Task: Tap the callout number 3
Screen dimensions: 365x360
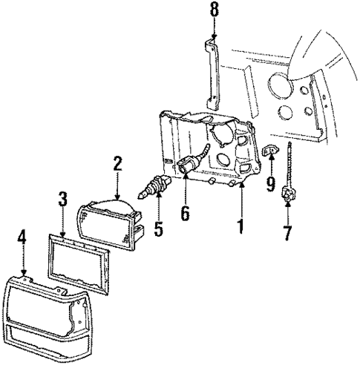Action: click(x=64, y=200)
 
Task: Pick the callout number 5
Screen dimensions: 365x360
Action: click(x=157, y=228)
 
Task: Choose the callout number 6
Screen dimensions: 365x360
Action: click(x=186, y=212)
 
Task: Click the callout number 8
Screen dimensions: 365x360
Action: click(x=214, y=11)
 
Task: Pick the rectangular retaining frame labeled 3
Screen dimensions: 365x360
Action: click(x=77, y=259)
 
